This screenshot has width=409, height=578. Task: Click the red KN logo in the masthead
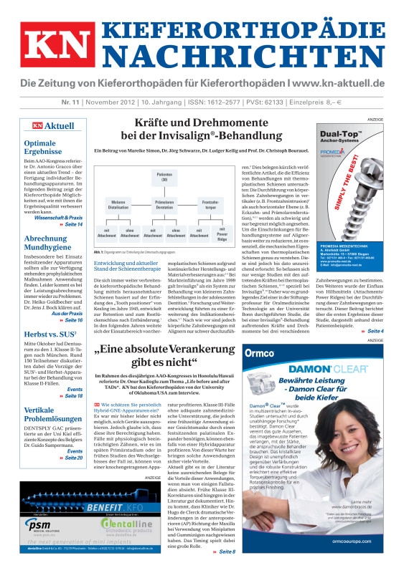click(x=47, y=45)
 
